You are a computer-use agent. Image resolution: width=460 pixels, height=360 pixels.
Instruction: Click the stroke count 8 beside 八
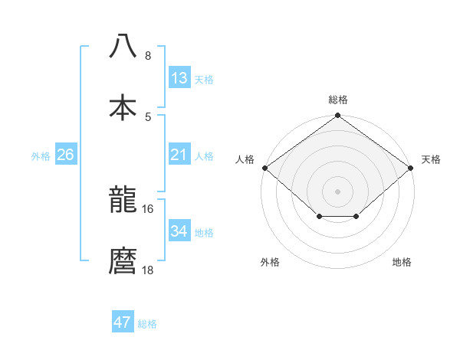148,56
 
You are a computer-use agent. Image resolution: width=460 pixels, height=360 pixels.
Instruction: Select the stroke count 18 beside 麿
149,270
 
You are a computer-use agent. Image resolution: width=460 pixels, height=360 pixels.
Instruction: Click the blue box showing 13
179,78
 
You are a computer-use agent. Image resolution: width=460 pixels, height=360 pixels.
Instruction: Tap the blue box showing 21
179,155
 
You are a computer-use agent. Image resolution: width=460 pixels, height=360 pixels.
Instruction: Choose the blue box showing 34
179,231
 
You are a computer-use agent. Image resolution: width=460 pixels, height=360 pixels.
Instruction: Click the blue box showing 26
66,155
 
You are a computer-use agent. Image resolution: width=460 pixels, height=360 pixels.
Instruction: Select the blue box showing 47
123,322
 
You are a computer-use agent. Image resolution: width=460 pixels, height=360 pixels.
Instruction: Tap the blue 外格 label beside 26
41,156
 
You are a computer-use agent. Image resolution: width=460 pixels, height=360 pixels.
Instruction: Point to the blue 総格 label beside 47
147,324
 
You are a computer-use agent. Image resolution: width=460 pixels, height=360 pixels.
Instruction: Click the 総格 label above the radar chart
338,100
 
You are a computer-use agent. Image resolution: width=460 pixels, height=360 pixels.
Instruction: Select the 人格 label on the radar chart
245,159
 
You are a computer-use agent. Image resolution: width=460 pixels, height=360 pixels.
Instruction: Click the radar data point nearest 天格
412,168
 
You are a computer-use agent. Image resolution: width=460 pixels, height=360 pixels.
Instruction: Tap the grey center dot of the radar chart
338,191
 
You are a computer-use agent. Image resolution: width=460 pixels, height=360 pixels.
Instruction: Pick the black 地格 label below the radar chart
402,263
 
